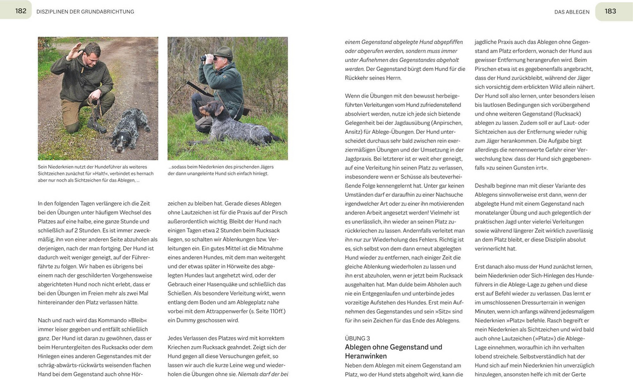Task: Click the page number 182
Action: pyautogui.click(x=21, y=11)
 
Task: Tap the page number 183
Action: pyautogui.click(x=611, y=11)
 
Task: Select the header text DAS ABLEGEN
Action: pyautogui.click(x=571, y=11)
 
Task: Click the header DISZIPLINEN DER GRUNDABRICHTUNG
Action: pyautogui.click(x=85, y=11)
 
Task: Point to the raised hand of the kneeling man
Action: pyautogui.click(x=77, y=50)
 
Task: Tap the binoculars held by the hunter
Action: pyautogui.click(x=209, y=59)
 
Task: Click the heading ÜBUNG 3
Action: pyautogui.click(x=358, y=338)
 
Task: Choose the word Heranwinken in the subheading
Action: pyautogui.click(x=366, y=356)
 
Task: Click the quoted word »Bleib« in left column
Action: pyautogui.click(x=138, y=320)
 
